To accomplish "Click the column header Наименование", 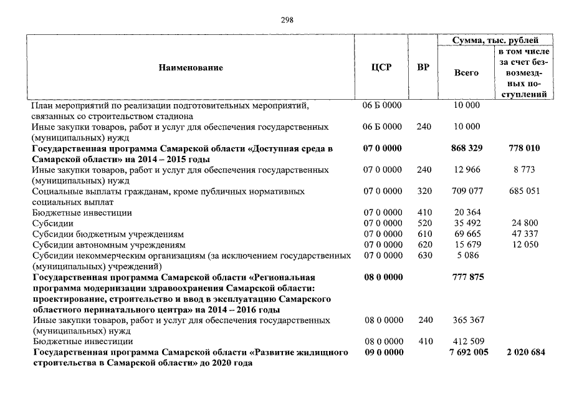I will [190, 67].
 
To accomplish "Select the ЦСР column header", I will [381, 67].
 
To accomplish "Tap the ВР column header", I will [423, 67].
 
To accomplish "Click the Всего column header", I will [466, 73].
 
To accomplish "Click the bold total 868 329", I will [466, 148].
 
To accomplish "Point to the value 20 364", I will [466, 213].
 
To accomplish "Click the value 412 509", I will [466, 342].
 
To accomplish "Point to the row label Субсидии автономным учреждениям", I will [108, 244].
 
